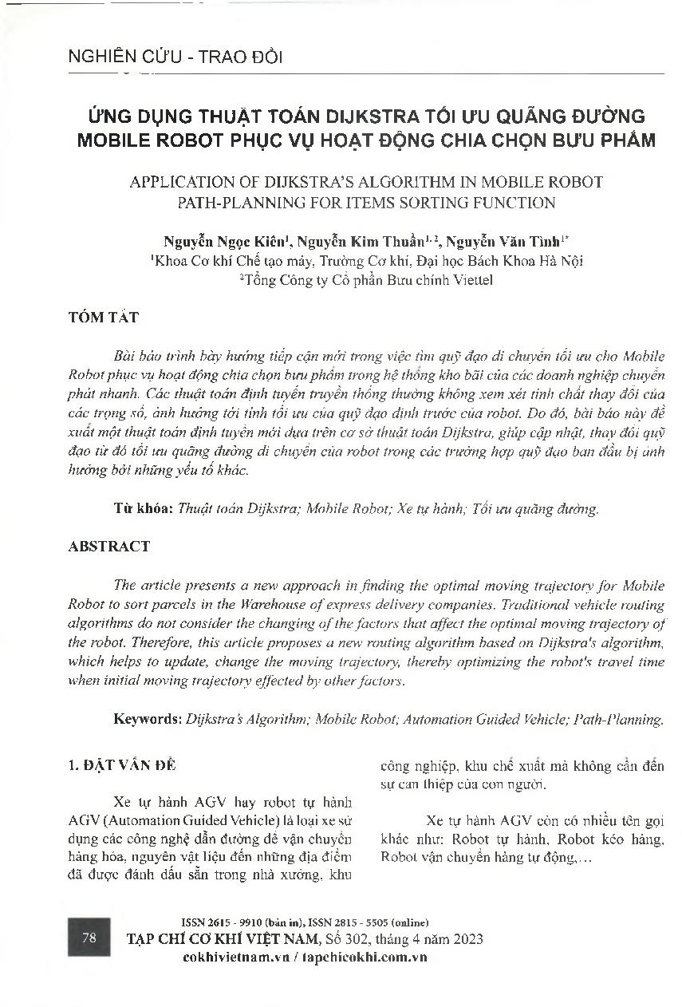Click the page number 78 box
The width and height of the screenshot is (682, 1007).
(89, 938)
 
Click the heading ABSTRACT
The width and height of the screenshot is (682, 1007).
(109, 547)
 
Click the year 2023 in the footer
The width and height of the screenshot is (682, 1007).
(465, 938)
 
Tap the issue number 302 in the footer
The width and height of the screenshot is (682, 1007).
(364, 938)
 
